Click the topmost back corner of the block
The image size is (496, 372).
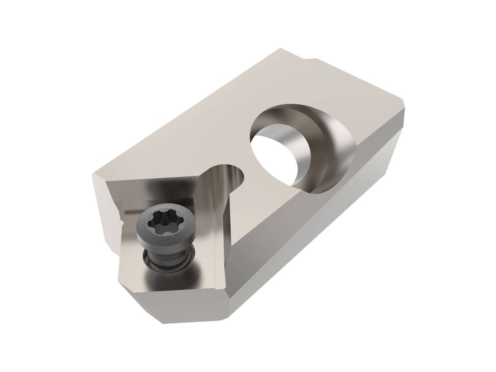[282, 49]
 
